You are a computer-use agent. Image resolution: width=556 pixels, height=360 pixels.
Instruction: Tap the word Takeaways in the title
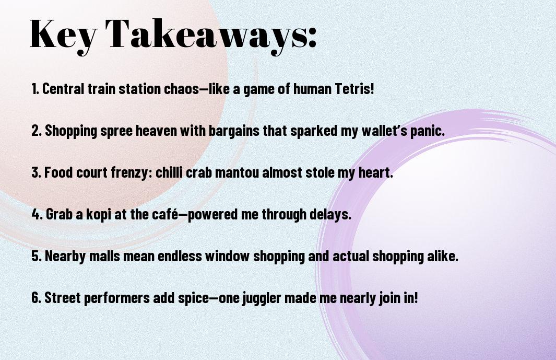(x=206, y=35)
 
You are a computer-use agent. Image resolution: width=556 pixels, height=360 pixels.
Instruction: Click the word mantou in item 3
(x=236, y=172)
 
